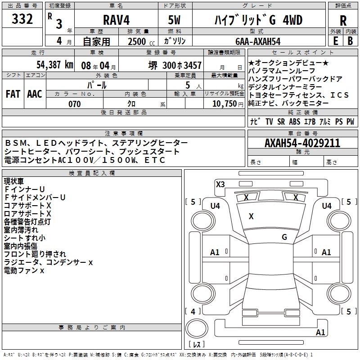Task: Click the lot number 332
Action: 22,19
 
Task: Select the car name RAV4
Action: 116,20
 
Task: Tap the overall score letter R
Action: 343,20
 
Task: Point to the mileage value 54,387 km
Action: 49,65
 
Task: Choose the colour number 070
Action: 74,104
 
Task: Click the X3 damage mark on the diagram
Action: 220,184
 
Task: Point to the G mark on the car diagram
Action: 284,237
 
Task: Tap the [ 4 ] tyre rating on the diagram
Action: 193,311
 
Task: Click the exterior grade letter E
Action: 335,41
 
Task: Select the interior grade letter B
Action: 350,41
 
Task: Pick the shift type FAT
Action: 13,94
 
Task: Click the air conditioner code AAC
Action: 34,94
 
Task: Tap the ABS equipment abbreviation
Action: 294,121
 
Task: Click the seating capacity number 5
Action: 186,85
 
